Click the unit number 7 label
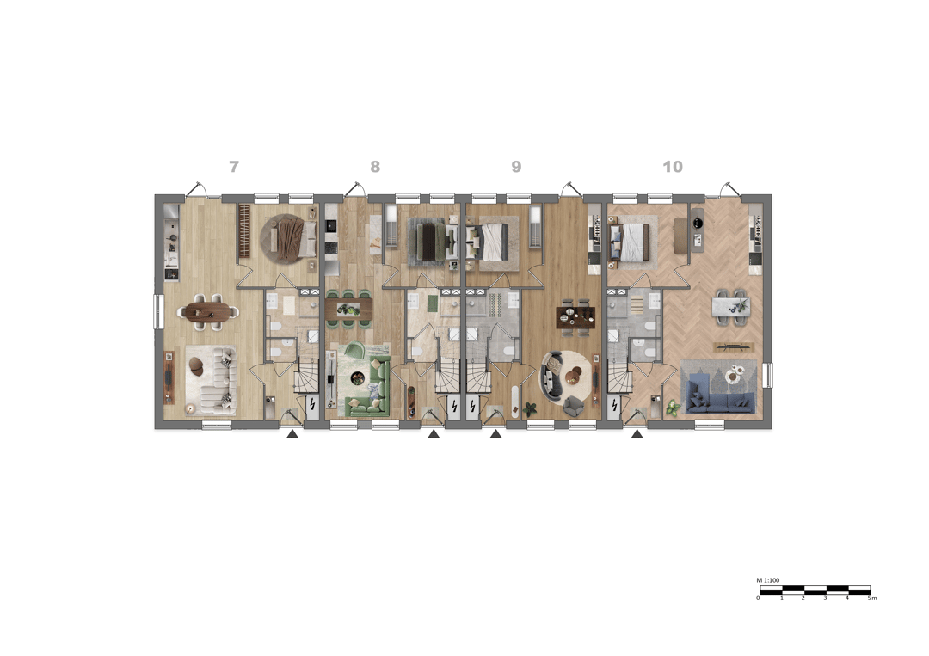coord(234,167)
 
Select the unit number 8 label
coord(375,167)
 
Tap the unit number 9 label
coord(517,167)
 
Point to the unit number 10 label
coord(673,167)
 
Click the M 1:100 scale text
coord(768,580)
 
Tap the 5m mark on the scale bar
coord(871,598)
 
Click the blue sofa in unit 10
coord(718,395)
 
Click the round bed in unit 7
coord(289,239)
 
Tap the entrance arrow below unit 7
coord(292,434)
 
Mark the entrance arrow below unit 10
coord(637,434)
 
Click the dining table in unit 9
coord(575,317)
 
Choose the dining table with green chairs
coord(349,309)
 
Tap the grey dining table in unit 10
coord(731,307)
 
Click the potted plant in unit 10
coord(673,408)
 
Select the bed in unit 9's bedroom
coord(490,241)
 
